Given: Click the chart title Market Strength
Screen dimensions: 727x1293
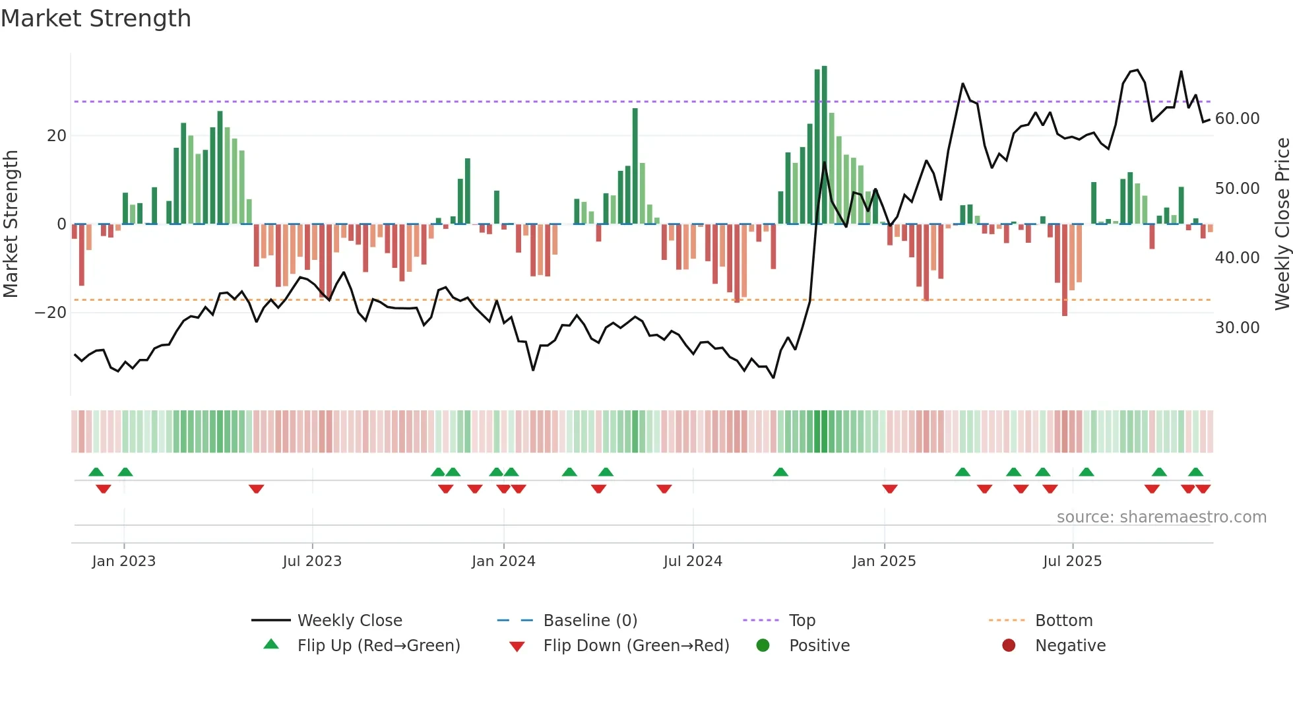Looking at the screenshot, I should pyautogui.click(x=96, y=18).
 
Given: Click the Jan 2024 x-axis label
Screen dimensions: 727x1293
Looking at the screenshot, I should pyautogui.click(x=503, y=561).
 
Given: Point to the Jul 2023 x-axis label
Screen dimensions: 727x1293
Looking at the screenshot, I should pyautogui.click(x=312, y=561).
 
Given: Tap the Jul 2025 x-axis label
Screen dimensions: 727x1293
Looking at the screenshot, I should pyautogui.click(x=1072, y=561).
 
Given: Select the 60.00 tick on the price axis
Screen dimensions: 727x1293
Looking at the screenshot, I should pyautogui.click(x=1237, y=119).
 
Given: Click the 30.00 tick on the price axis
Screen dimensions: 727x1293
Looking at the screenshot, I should pyautogui.click(x=1237, y=328).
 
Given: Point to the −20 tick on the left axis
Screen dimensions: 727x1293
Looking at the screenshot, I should pyautogui.click(x=51, y=313).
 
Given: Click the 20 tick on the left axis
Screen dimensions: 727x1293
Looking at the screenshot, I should pyautogui.click(x=57, y=136).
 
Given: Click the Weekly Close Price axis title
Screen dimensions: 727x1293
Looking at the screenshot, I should pyautogui.click(x=1282, y=224).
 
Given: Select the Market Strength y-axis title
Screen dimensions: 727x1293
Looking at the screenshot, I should pyautogui.click(x=11, y=224).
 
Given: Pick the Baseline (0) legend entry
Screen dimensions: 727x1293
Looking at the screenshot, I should pyautogui.click(x=590, y=621).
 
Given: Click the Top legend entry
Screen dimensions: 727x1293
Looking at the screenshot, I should pyautogui.click(x=802, y=621).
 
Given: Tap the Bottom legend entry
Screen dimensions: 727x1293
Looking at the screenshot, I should pyautogui.click(x=1063, y=621).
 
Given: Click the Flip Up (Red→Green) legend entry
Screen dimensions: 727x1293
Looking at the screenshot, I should pyautogui.click(x=378, y=646).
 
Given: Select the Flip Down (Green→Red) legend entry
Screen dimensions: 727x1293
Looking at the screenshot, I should pyautogui.click(x=636, y=646).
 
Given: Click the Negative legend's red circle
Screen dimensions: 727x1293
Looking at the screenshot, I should pyautogui.click(x=1009, y=646).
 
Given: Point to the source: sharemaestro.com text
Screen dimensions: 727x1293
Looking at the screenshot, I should pyautogui.click(x=1161, y=517).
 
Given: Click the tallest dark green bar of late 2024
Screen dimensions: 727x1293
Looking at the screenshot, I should pyautogui.click(x=825, y=145).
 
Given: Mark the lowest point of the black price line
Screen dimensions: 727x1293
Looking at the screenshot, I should pyautogui.click(x=773, y=377).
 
